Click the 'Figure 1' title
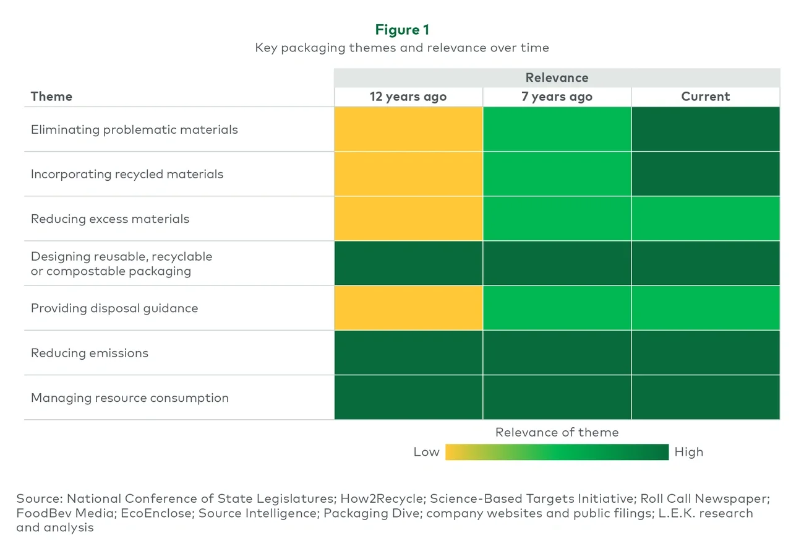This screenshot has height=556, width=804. [x=402, y=30]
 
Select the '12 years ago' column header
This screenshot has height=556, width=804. [x=408, y=97]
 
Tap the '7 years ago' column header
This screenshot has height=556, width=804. [x=557, y=97]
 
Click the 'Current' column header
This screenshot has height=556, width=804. [x=705, y=97]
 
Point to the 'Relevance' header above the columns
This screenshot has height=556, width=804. [x=557, y=78]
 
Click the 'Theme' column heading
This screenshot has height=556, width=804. [x=51, y=97]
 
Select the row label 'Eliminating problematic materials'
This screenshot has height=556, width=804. [x=134, y=130]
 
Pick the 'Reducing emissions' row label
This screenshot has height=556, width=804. [x=90, y=353]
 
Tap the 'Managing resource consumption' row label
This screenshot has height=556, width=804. [x=130, y=398]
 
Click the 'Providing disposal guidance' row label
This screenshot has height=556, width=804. [x=114, y=308]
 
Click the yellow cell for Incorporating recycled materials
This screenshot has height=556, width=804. [x=408, y=174]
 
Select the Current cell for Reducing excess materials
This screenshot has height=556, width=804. [x=705, y=219]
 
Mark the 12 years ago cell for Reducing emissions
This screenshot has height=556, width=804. [x=408, y=353]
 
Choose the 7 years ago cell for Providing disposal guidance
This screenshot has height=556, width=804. [x=557, y=308]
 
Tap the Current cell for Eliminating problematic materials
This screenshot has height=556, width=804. [x=705, y=129]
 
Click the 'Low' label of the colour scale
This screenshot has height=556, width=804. [x=426, y=452]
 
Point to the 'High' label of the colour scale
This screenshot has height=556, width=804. [x=689, y=452]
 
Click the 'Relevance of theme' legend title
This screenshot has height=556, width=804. [x=557, y=433]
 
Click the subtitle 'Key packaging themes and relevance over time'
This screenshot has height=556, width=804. [x=402, y=48]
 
